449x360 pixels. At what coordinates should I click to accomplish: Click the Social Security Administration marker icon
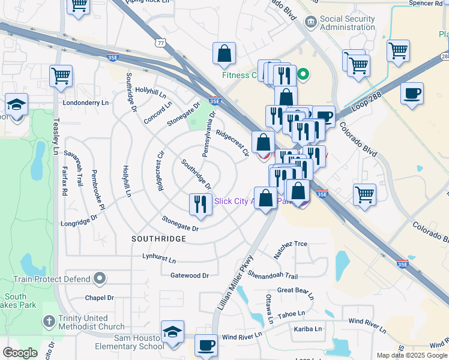click(x=311, y=22)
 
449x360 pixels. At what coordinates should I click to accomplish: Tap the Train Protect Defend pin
click(x=100, y=278)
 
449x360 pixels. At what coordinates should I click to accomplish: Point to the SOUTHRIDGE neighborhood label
click(x=158, y=239)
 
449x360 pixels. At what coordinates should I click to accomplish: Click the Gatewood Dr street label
click(x=189, y=275)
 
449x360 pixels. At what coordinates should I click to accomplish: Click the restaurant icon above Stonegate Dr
click(x=199, y=204)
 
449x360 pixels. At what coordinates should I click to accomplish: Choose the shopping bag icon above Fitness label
click(x=224, y=53)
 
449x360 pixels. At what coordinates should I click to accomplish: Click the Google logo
click(x=20, y=353)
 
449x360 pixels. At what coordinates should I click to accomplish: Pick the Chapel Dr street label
click(x=99, y=298)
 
